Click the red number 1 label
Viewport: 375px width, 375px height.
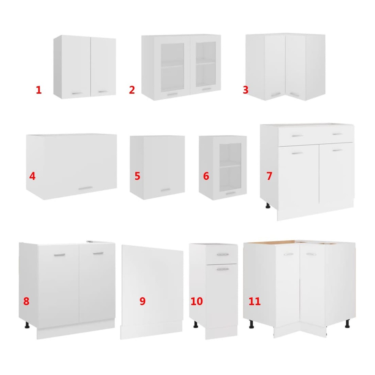click(39, 90)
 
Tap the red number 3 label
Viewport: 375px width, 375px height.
click(245, 90)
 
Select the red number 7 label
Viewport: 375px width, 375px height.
click(269, 176)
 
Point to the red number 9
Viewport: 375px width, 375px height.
click(142, 301)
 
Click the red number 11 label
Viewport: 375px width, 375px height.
click(254, 301)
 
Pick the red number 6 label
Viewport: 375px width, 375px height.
click(206, 176)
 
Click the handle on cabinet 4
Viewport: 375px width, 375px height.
click(86, 189)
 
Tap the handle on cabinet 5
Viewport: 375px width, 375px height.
click(165, 190)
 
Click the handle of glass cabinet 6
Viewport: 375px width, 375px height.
click(230, 193)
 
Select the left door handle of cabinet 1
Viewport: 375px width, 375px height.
click(77, 93)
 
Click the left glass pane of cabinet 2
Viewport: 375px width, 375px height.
click(172, 67)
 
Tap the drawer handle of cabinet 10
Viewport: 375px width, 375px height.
click(223, 254)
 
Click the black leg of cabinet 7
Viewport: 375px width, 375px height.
click(268, 206)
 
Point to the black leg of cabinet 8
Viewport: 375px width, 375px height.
click(27, 325)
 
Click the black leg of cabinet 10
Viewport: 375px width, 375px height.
click(196, 324)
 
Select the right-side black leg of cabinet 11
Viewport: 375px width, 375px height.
click(347, 323)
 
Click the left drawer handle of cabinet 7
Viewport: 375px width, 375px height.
click(297, 136)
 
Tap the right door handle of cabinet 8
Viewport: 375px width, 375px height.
click(98, 253)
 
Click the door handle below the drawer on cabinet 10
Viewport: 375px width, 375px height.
click(223, 269)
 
